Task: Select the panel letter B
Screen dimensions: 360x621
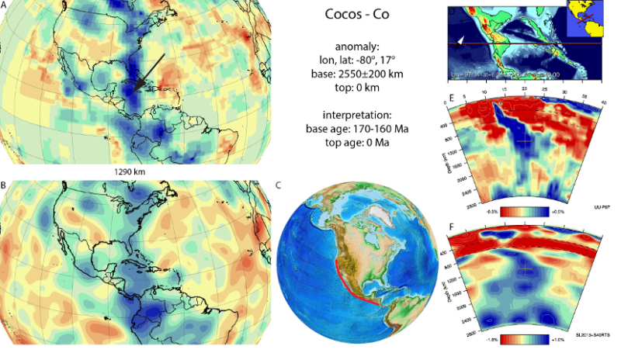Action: pos(4,187)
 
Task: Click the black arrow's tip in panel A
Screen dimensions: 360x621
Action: pos(134,91)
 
